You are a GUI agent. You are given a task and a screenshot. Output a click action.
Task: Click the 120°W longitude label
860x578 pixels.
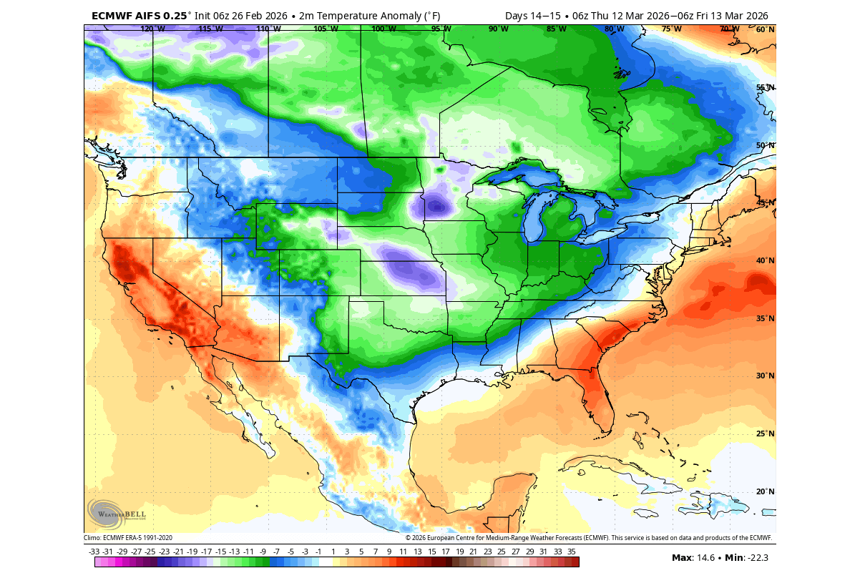coord(152,29)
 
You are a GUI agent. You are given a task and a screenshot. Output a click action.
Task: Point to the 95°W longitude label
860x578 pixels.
coord(441,29)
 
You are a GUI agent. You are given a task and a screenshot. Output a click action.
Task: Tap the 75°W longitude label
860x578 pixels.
coord(671,29)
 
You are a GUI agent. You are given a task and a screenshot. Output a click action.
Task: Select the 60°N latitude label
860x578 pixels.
coord(766,29)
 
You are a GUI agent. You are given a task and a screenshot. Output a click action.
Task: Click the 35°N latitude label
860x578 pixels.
coord(766,318)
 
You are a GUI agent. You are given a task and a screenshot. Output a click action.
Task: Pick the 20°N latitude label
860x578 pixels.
coord(766,491)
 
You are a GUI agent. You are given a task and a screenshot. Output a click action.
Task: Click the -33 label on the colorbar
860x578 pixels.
coord(94,552)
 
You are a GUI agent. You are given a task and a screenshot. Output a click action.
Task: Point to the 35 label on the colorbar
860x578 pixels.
coord(572,552)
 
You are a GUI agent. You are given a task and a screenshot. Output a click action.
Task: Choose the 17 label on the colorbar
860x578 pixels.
coord(445,552)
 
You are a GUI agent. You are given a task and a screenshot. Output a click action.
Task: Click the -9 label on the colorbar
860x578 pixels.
coord(263,552)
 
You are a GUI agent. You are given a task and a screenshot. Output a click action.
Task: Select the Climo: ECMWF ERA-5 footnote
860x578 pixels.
coord(128,538)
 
